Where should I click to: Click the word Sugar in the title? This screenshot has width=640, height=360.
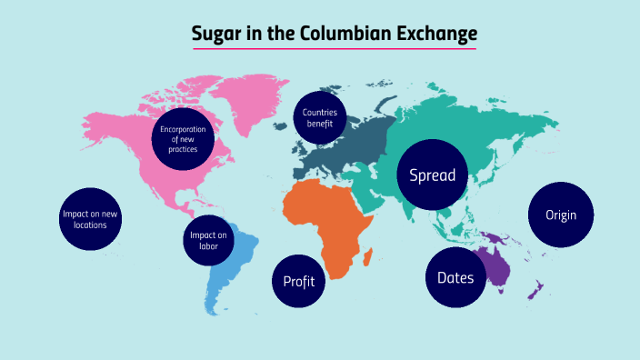click(215, 34)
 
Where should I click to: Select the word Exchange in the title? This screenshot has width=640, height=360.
click(432, 34)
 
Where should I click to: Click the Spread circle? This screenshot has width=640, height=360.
click(433, 175)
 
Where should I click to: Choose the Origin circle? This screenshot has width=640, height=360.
click(562, 215)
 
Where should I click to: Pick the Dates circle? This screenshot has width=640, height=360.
click(455, 277)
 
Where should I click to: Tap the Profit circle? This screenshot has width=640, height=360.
click(299, 281)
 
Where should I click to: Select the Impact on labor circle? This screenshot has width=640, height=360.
click(208, 242)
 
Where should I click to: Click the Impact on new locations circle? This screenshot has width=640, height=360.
click(90, 219)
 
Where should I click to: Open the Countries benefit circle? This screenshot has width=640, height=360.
click(319, 118)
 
